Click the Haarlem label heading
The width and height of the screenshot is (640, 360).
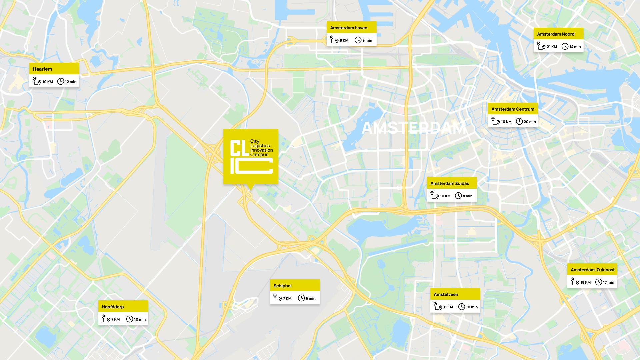[42, 69]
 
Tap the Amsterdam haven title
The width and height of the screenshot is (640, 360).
[349, 28]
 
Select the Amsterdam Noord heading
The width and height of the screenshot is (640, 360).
[556, 34]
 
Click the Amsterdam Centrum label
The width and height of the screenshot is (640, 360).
[513, 109]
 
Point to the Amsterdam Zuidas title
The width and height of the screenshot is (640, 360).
[450, 183]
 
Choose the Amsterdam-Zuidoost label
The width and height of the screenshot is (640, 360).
[593, 270]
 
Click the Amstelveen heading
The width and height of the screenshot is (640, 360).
[446, 294]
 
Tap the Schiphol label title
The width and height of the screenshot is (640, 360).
[282, 286]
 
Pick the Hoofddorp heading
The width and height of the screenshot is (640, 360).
[113, 307]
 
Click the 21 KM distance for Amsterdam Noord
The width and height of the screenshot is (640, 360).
[552, 47]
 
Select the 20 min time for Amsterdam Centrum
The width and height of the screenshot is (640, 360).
[530, 122]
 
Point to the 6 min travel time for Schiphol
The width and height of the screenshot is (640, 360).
[310, 298]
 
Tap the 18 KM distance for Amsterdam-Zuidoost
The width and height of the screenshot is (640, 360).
[585, 282]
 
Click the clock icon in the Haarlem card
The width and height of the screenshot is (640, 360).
[61, 81]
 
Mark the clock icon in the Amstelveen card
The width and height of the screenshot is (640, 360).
[462, 307]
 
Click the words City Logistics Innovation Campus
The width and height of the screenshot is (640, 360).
[261, 148]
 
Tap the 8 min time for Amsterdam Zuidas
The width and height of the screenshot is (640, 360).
[467, 196]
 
